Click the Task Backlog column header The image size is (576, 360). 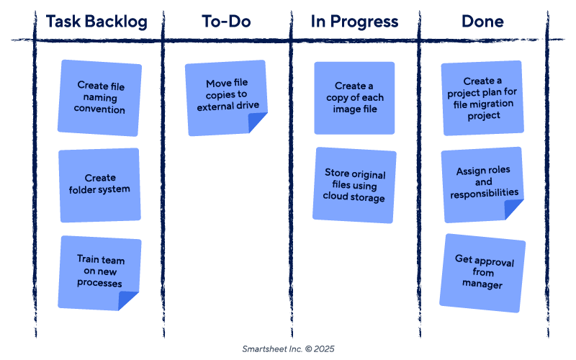click(x=96, y=22)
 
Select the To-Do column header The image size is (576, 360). click(x=226, y=22)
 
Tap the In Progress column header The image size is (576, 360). click(x=354, y=22)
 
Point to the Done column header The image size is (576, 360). click(x=482, y=22)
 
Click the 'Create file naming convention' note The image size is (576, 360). click(x=100, y=98)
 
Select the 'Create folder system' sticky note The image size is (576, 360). click(x=99, y=184)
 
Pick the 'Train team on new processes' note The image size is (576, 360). click(x=100, y=271)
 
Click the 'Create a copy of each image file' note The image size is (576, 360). click(x=354, y=98)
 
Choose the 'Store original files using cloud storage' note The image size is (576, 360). click(x=354, y=186)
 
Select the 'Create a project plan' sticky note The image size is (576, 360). click(x=482, y=99)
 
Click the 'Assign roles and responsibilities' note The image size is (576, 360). click(x=483, y=183)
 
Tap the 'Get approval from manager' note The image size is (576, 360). click(x=483, y=272)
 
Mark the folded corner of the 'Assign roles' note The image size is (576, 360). click(x=514, y=210)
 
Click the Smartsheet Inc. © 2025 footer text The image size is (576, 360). click(x=288, y=348)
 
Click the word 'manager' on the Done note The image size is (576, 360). click(x=482, y=284)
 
